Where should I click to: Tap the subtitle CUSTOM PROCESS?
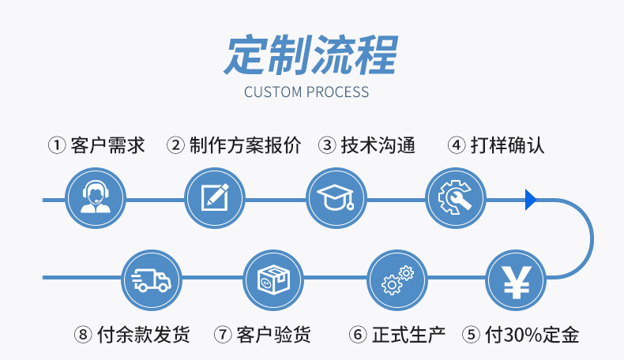[306, 92]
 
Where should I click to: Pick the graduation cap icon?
[336, 198]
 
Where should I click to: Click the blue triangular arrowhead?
[531, 200]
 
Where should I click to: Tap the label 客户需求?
[107, 146]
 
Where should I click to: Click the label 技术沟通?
[378, 146]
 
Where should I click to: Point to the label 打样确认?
[507, 146]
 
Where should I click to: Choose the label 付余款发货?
[143, 335]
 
